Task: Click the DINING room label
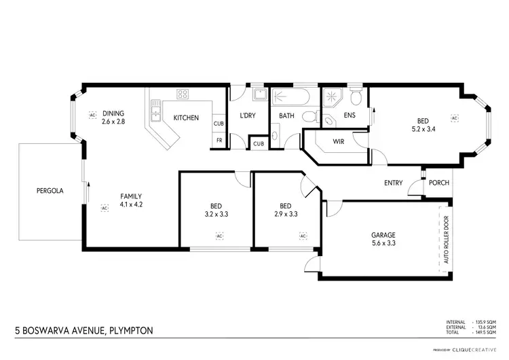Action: pos(115,113)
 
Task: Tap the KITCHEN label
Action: pos(186,118)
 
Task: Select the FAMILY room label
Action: pos(130,196)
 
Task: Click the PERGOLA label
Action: pos(50,191)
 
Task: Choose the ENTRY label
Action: pos(393,183)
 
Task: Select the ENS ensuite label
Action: pos(350,116)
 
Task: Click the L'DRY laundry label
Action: pos(246,116)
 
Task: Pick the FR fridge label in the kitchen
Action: pos(219,141)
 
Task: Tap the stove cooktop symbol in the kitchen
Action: pos(183,94)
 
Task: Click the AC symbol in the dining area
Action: pos(92,115)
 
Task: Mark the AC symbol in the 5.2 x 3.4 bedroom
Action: pos(455,118)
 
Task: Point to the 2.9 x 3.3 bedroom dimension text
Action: pos(285,213)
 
